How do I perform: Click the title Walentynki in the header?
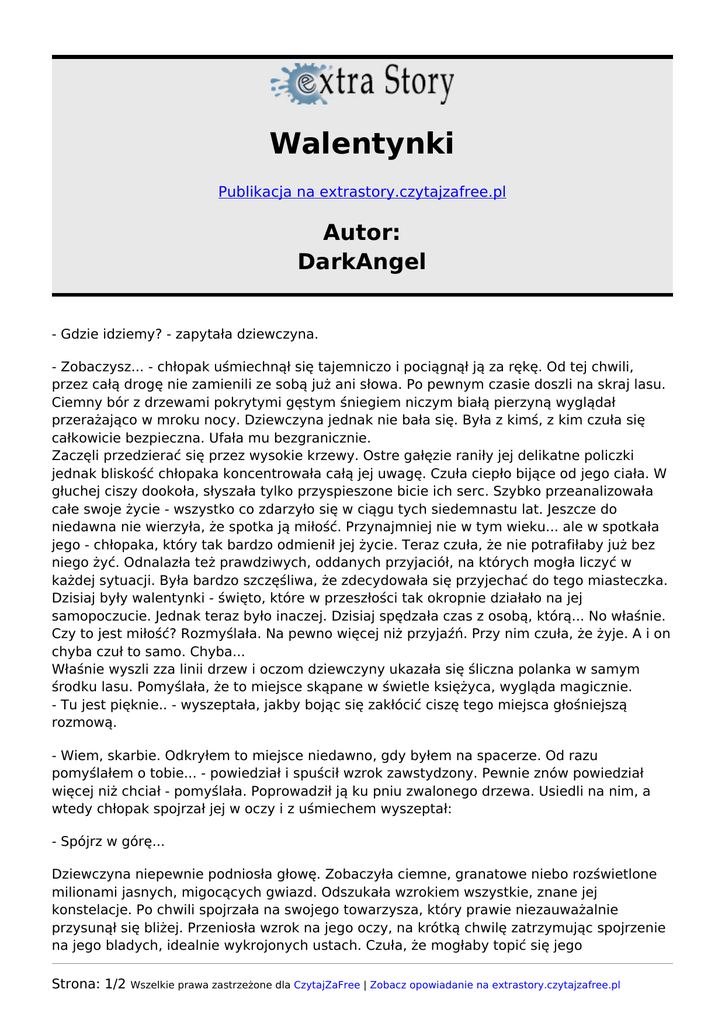tap(361, 143)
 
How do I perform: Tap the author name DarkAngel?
tap(361, 262)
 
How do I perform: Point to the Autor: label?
tap(361, 232)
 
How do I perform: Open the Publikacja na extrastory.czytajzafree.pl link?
tap(362, 192)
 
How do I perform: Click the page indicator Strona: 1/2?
tap(88, 984)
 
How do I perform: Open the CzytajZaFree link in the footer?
tap(326, 985)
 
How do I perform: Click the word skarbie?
tap(133, 755)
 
